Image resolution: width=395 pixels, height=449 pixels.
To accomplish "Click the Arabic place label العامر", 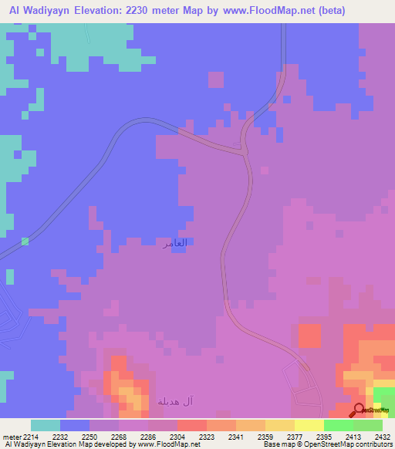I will (x=174, y=242).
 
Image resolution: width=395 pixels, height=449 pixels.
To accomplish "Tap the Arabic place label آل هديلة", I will (x=175, y=401).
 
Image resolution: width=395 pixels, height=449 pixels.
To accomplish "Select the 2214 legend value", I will (x=32, y=437).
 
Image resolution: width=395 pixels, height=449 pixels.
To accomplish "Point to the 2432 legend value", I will (x=383, y=437).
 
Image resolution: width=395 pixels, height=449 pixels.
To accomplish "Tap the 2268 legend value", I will (x=119, y=437).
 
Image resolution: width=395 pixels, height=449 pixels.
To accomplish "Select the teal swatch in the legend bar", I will (x=46, y=425).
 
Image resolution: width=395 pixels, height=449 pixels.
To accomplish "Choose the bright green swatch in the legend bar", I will (x=338, y=425).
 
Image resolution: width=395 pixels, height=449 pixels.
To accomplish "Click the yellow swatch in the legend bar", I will (x=309, y=425).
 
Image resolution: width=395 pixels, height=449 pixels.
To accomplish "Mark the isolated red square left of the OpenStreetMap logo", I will (x=309, y=336).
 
